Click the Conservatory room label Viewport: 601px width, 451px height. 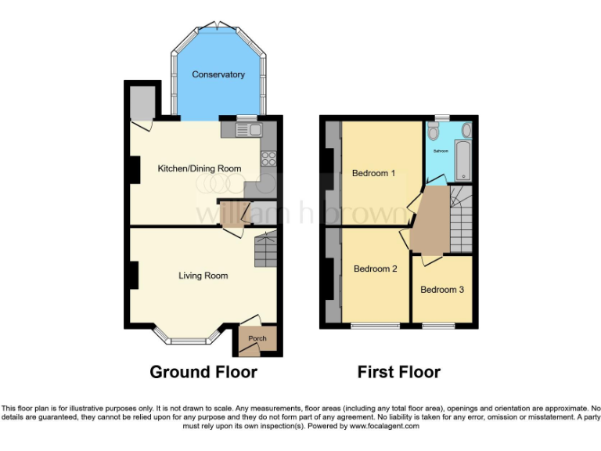pyautogui.click(x=218, y=75)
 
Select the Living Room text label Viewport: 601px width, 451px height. pyautogui.click(x=203, y=276)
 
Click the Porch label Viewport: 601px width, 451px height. pyautogui.click(x=257, y=338)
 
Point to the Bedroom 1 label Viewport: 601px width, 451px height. pyautogui.click(x=373, y=173)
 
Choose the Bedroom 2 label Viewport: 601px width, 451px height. pyautogui.click(x=376, y=269)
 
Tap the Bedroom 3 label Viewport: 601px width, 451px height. pyautogui.click(x=442, y=290)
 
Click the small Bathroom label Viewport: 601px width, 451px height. pyautogui.click(x=441, y=150)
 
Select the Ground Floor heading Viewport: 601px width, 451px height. pyautogui.click(x=203, y=372)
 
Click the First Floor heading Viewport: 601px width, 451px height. pyautogui.click(x=399, y=372)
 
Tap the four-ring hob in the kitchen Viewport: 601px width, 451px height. pyautogui.click(x=268, y=157)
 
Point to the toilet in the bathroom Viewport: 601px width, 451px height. pyautogui.click(x=434, y=132)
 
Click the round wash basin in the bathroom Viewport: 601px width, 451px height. pyautogui.click(x=466, y=130)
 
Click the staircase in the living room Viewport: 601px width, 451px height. pyautogui.click(x=265, y=249)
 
